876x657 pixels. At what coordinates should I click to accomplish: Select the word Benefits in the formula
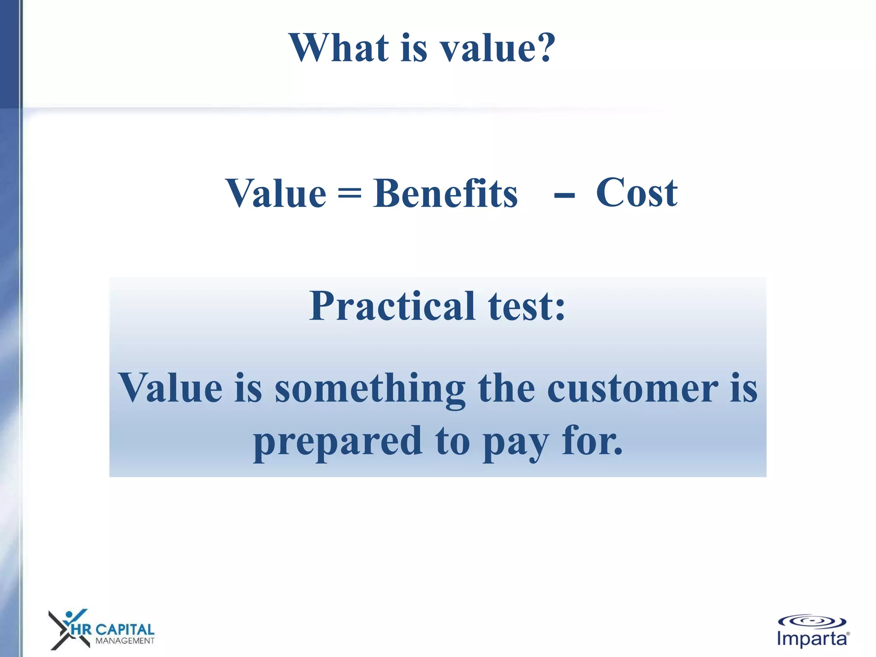click(445, 194)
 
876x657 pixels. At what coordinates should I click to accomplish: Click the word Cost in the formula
click(636, 193)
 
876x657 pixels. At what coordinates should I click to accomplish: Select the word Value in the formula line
click(276, 194)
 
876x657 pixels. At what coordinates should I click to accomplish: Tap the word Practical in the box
click(392, 306)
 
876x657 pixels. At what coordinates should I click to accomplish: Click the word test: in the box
click(527, 306)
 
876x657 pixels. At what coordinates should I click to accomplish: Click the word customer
click(633, 388)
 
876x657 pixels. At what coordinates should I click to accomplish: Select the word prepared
click(338, 442)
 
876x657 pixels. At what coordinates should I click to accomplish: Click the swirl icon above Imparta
click(812, 621)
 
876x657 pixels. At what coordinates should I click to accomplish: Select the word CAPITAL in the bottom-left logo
click(124, 630)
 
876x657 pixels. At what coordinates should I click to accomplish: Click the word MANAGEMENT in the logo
click(124, 641)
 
